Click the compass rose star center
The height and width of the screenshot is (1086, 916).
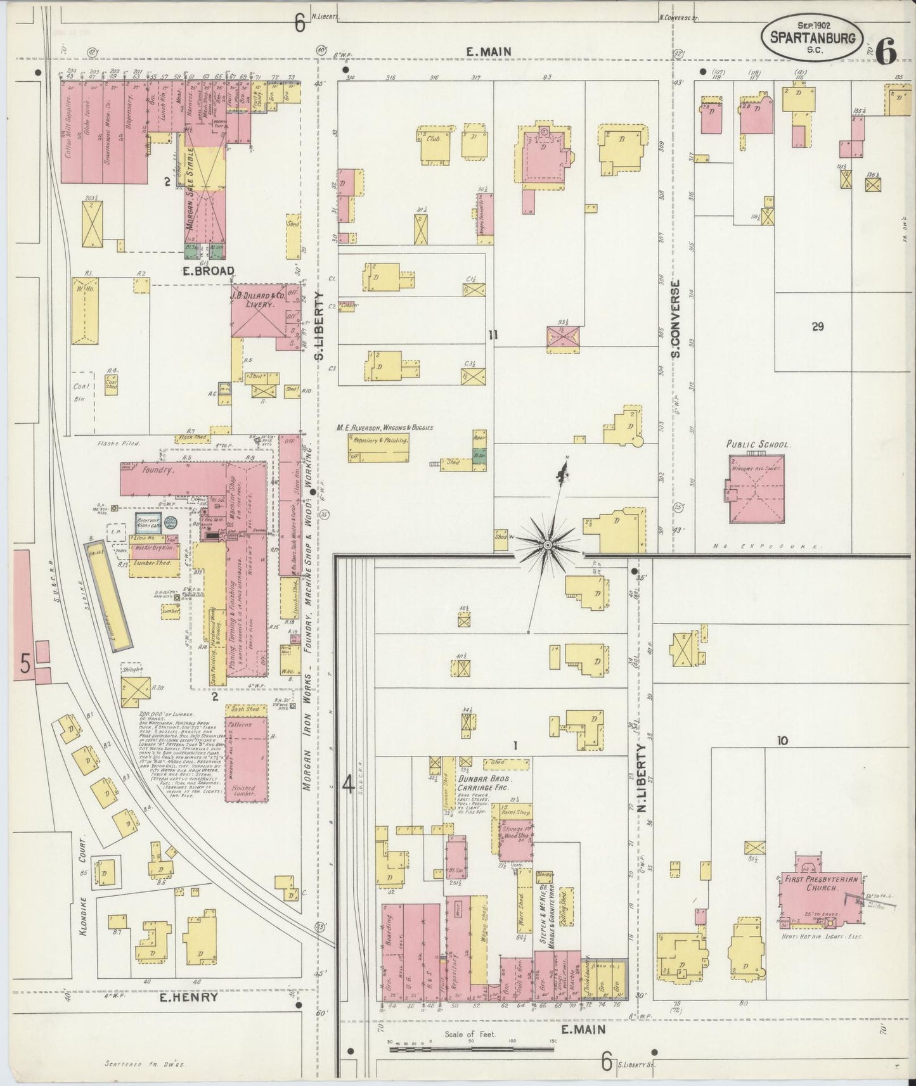pyautogui.click(x=546, y=544)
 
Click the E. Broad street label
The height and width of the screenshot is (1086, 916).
pyautogui.click(x=209, y=271)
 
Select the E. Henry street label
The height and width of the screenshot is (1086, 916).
pyautogui.click(x=189, y=997)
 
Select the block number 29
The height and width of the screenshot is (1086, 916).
pyautogui.click(x=817, y=326)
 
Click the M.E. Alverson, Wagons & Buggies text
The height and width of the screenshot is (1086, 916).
pyautogui.click(x=385, y=428)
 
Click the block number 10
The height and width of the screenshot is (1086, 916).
pyautogui.click(x=783, y=739)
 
